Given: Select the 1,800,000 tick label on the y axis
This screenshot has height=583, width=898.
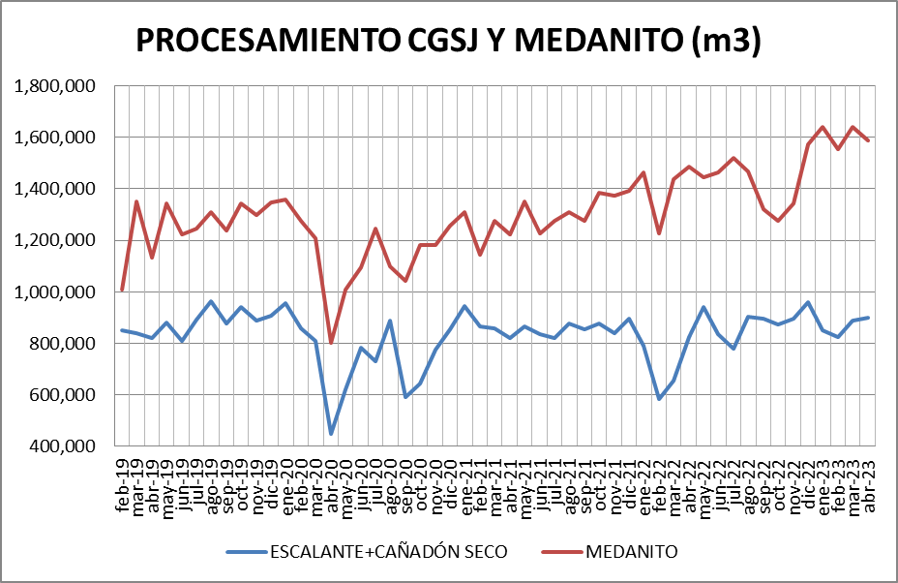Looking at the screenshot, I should coord(55,86).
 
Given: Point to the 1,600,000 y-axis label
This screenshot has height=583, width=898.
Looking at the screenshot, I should coord(55,138).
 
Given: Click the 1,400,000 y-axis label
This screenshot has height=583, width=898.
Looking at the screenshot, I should coord(55,189).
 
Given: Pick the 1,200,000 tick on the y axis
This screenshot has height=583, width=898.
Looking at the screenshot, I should coord(55,240).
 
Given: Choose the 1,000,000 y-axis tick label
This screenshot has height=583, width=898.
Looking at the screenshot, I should coord(55,291).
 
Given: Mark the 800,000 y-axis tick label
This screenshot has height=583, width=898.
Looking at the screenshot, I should coord(63,343).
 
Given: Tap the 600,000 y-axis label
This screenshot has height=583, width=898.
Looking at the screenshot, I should coord(63,394).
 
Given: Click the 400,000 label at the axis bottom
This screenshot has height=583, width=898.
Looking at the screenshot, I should coord(63,445).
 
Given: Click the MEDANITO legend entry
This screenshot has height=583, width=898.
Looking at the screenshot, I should coord(630,552).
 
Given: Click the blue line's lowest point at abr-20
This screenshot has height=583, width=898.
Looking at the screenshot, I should coord(331,433).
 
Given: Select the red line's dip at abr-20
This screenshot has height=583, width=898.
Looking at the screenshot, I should coord(331,342).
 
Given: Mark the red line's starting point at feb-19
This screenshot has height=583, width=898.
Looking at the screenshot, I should coord(122,290).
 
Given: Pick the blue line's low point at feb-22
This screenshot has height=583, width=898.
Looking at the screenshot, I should coord(659,399).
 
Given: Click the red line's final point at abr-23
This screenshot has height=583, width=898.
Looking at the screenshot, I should coord(869,141).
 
